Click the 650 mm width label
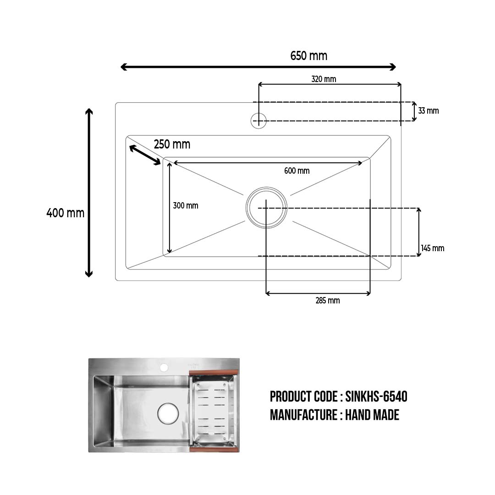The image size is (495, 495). click(x=309, y=56)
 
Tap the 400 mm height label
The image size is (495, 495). click(x=66, y=213)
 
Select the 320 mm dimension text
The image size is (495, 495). click(x=324, y=79)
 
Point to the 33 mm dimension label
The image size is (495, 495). click(x=429, y=111)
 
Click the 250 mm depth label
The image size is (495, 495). click(x=172, y=144)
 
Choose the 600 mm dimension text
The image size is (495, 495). click(x=297, y=171)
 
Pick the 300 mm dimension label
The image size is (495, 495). click(x=186, y=205)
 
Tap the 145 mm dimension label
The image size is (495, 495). click(x=433, y=248)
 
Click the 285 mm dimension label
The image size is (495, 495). click(x=328, y=301)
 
